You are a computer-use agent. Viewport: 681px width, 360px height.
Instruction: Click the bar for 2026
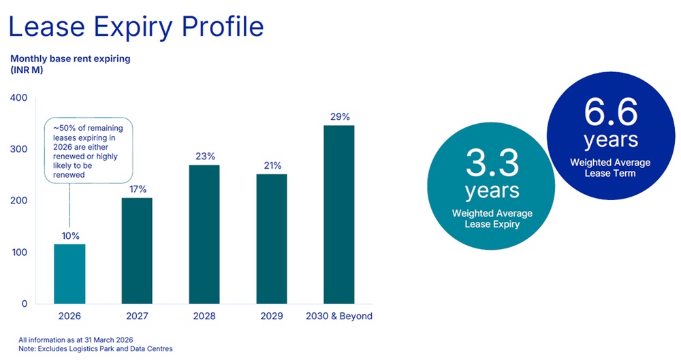[69, 274]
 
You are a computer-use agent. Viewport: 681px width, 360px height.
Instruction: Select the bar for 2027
[137, 250]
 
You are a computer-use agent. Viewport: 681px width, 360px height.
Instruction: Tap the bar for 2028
[204, 234]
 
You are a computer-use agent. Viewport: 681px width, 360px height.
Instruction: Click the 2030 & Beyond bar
[338, 214]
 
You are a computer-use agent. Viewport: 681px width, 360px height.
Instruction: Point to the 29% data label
[338, 117]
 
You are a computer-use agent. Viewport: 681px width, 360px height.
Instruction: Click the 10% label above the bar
[69, 235]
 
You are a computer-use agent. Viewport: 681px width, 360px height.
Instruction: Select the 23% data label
[204, 157]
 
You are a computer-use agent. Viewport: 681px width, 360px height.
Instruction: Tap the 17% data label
[137, 189]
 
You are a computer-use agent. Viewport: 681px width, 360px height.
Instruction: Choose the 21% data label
[271, 165]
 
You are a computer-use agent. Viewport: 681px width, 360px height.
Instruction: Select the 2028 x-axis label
[204, 316]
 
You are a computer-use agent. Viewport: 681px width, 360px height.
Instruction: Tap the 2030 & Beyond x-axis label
[338, 316]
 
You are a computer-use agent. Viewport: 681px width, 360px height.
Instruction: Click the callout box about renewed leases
[89, 150]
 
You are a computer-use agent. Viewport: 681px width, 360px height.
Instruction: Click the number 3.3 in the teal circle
[492, 163]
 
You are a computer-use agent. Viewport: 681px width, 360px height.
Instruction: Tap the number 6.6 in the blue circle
[609, 112]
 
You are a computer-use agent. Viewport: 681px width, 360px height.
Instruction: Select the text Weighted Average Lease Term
[609, 167]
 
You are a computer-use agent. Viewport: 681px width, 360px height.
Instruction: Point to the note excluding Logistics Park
[95, 348]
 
